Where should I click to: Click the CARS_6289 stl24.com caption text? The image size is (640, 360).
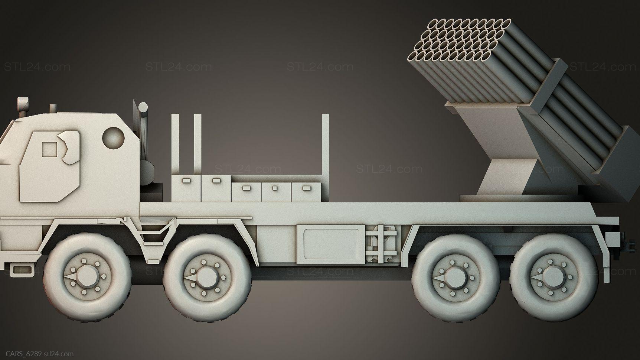click(x=37, y=354)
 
